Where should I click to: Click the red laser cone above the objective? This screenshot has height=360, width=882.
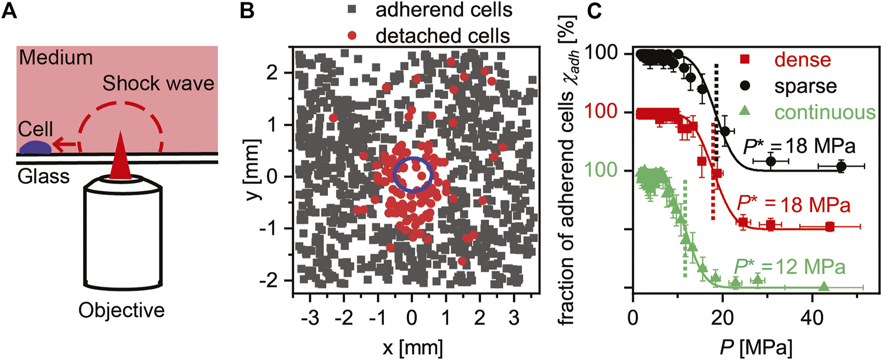point(120,155)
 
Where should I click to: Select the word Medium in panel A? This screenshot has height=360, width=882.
point(56,57)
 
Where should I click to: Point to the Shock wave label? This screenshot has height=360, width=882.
point(158,84)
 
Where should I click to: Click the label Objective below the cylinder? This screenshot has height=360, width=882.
point(122,310)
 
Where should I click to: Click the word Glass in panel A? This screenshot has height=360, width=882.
point(43,176)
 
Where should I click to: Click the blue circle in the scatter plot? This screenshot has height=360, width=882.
point(413,175)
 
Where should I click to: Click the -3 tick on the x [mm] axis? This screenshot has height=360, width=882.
point(310,318)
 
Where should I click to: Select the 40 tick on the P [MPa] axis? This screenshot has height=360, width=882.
point(811,318)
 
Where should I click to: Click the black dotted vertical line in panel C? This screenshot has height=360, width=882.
point(716,86)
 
